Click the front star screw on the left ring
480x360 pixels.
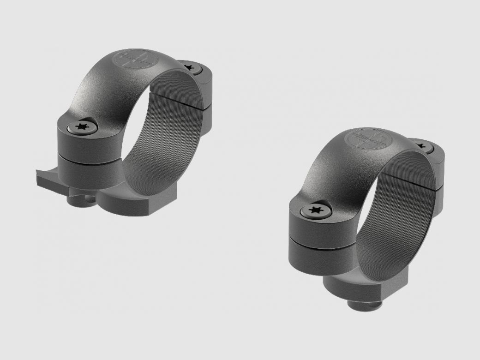click(x=83, y=127)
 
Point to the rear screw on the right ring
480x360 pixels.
click(x=421, y=146)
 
